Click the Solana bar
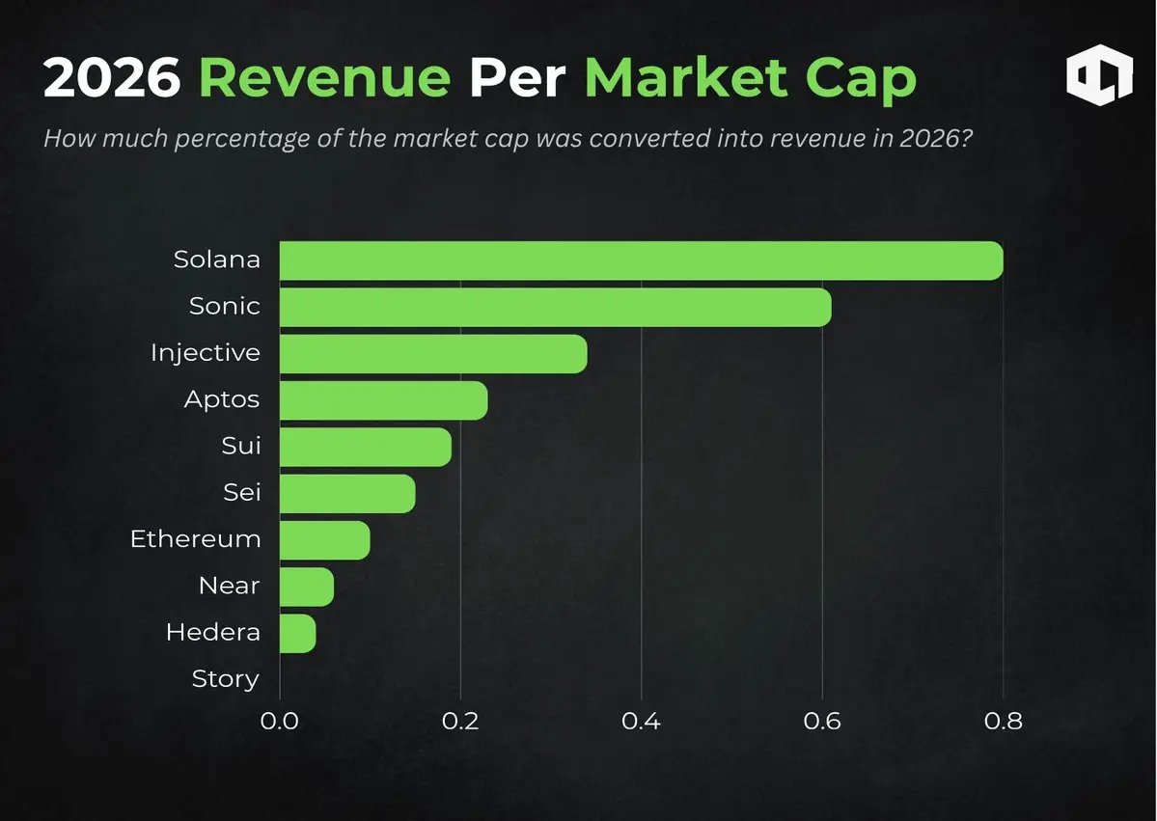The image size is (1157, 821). point(641,260)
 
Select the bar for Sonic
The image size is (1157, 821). point(555,307)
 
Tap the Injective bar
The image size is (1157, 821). point(433,353)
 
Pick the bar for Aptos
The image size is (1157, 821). point(383,399)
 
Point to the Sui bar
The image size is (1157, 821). point(365,447)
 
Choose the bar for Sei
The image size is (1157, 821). point(347,493)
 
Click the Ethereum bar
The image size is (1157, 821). point(324,539)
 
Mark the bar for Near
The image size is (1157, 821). point(306,586)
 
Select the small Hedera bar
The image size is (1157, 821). point(297,633)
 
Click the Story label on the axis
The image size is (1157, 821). point(226,679)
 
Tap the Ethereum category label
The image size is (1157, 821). point(196,539)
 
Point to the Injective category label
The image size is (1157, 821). point(206,353)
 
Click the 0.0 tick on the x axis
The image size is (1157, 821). point(280,721)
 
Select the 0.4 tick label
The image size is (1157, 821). point(642,721)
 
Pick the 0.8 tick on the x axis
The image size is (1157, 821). point(1003,721)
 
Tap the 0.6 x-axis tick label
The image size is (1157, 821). point(822,721)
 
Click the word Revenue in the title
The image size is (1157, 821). point(324,77)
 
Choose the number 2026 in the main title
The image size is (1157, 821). point(112,77)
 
